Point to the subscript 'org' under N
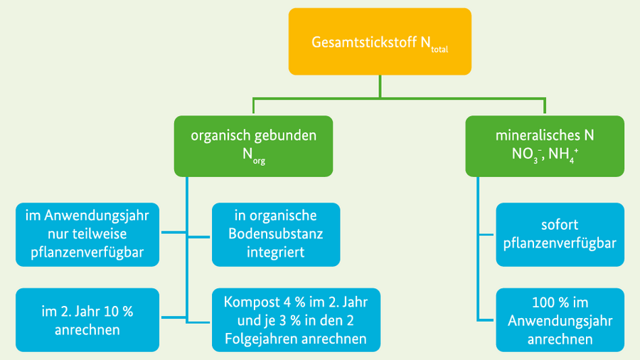coord(258,162)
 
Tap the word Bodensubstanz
coord(276,233)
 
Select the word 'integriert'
coord(276,251)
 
